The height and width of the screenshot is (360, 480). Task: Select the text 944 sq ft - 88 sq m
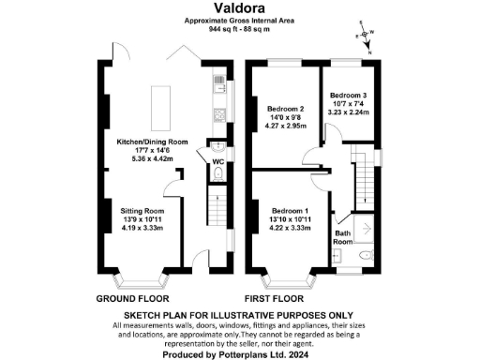pos(239,29)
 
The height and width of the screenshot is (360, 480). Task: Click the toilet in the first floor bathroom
pos(367,254)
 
